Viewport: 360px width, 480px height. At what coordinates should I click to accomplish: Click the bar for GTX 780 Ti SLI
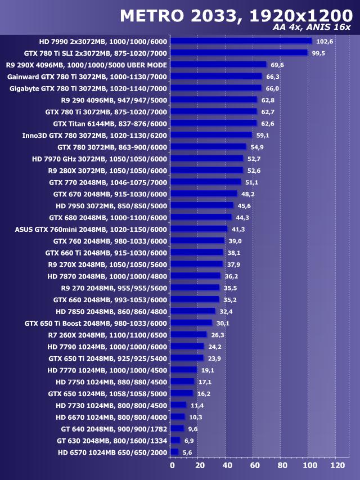point(238,53)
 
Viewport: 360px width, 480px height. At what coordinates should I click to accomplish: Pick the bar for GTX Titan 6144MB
point(213,123)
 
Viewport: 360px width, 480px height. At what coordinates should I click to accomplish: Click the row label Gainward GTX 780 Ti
point(88,77)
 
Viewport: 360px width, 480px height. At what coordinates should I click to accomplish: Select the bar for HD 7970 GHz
point(206,159)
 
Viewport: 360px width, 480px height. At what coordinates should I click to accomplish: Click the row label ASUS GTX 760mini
point(91,229)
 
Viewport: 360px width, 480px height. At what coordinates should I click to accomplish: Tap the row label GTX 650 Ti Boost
point(96,323)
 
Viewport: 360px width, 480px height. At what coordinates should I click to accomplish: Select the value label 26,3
point(217,335)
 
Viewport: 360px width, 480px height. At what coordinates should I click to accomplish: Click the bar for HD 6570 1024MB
point(174,452)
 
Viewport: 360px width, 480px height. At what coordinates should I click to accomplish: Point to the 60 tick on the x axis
point(254,466)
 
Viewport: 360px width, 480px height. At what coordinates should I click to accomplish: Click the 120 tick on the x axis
point(337,466)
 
